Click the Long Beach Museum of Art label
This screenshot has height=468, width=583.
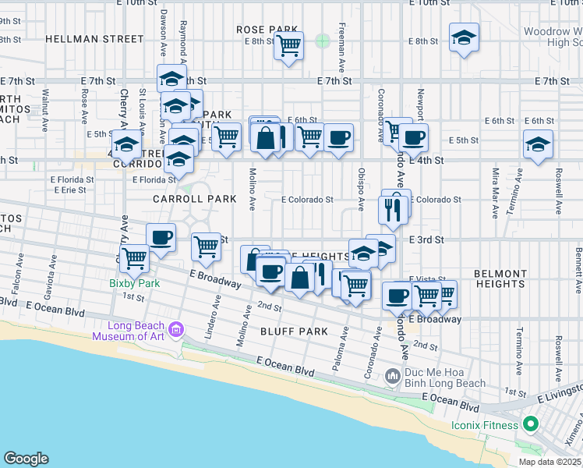click(x=129, y=331)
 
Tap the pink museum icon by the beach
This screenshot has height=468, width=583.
click(x=177, y=329)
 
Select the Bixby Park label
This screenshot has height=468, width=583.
click(x=135, y=283)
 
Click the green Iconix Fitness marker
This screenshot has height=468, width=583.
click(x=531, y=425)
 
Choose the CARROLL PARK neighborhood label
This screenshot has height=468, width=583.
click(x=195, y=199)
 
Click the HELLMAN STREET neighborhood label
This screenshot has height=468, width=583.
click(x=94, y=38)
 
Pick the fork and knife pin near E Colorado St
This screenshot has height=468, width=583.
click(x=390, y=208)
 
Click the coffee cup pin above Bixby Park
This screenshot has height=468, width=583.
click(x=161, y=237)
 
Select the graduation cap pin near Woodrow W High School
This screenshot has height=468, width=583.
click(x=464, y=37)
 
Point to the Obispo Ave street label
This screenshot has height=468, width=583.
click(x=361, y=190)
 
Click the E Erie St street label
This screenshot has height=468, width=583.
click(x=69, y=190)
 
